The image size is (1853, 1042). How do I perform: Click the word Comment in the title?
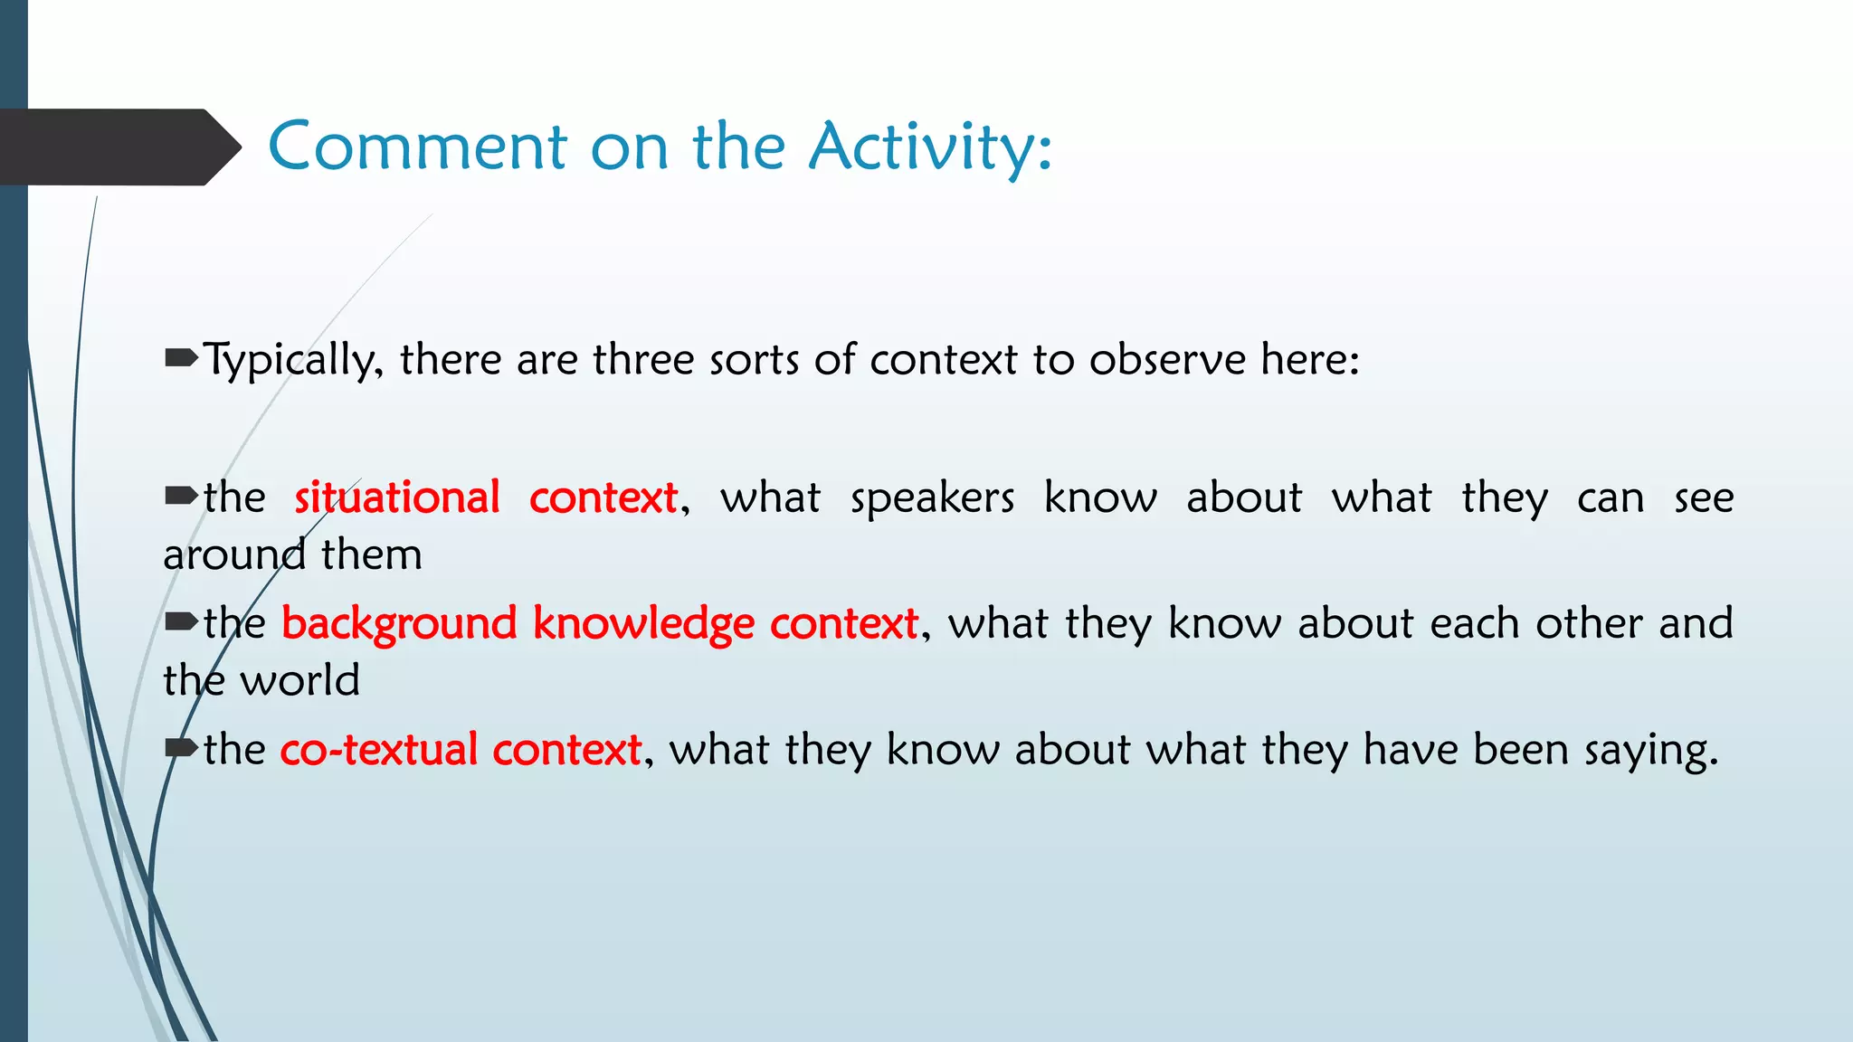pos(418,147)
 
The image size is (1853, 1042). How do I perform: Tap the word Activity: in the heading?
pos(930,147)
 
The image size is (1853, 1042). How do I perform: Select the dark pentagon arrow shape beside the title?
pos(118,147)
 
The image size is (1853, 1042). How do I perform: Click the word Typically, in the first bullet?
pos(293,361)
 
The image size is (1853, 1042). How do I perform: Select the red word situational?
pos(396,497)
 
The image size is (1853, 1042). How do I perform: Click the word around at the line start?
pos(234,554)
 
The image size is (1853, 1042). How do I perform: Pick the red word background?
pos(399,624)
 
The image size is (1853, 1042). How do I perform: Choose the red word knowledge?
pos(643,624)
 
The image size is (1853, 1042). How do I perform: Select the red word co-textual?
pos(378,750)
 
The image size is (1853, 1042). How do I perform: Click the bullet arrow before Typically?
pos(181,359)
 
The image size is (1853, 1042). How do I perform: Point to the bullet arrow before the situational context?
pos(181,496)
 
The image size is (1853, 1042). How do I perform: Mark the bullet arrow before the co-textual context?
pos(181,748)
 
